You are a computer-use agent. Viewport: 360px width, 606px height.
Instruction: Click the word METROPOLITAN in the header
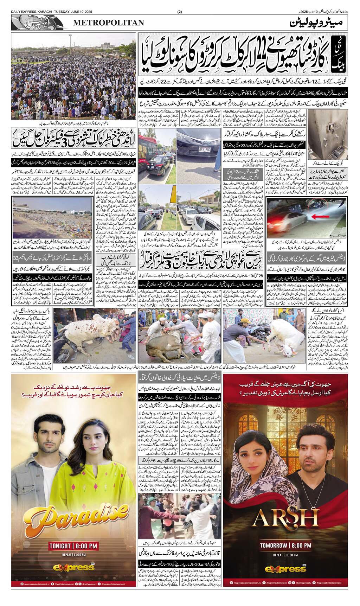click(x=109, y=23)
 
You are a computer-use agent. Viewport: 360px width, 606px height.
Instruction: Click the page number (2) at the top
click(x=180, y=12)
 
